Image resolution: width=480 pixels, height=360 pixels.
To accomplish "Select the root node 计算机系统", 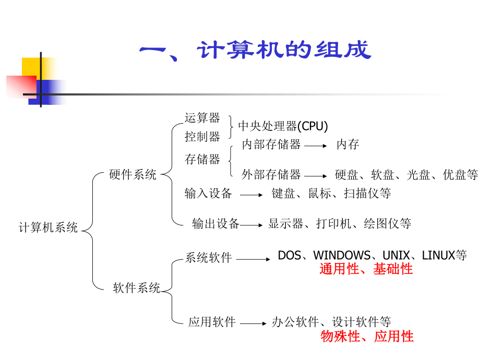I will click(48, 227).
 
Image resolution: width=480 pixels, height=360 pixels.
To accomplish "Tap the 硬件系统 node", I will click(133, 175).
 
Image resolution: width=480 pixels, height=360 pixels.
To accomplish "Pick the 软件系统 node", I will click(137, 287).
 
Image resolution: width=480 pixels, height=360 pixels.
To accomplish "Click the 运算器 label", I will click(202, 118).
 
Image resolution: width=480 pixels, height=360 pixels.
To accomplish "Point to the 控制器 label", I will click(202, 137).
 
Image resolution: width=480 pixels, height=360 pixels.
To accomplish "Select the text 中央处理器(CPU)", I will click(283, 126).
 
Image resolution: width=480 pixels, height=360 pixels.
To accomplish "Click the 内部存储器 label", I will click(271, 145).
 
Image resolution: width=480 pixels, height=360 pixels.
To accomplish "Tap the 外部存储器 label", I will click(271, 174).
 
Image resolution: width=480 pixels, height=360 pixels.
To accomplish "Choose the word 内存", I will click(347, 145).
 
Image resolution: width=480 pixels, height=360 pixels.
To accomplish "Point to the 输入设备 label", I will click(208, 194).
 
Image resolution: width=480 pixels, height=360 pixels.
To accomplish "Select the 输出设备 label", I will click(215, 224).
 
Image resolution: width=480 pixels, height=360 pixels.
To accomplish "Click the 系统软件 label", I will click(208, 257).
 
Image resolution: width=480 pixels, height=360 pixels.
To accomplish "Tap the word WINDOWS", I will click(342, 256).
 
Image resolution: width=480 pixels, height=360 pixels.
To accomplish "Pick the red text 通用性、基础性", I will click(366, 269).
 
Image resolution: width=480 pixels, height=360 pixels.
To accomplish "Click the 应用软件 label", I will click(212, 322).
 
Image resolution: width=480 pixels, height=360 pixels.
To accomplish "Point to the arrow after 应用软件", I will click(254, 323).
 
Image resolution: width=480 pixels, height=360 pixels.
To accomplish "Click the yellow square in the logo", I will click(30, 66).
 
